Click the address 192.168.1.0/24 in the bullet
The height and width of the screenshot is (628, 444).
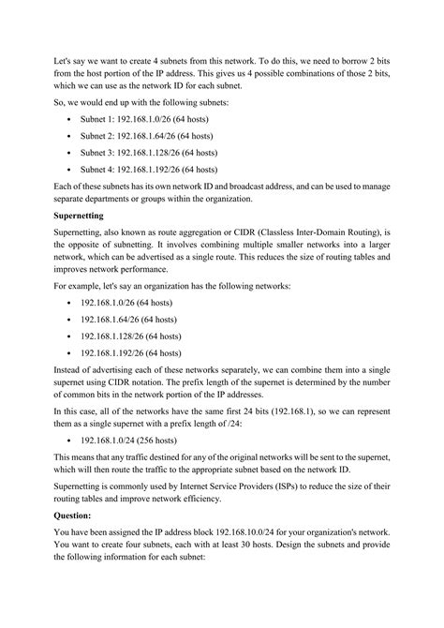[118, 464]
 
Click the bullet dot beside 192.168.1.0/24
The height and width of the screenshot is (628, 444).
[73, 464]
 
